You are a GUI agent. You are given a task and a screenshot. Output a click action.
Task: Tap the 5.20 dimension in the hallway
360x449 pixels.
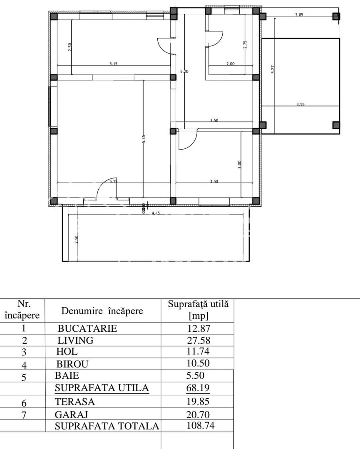184,72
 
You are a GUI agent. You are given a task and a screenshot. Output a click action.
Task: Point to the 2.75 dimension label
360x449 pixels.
245,45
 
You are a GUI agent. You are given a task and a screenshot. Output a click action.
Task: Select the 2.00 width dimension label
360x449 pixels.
230,64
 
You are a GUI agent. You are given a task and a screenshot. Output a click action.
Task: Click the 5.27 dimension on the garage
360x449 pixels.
273,69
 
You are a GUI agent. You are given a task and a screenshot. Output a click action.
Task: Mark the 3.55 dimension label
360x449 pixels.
300,104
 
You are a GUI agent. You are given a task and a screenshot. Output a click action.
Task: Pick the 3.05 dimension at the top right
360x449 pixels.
299,15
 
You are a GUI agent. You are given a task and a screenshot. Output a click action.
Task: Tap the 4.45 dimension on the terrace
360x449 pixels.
156,213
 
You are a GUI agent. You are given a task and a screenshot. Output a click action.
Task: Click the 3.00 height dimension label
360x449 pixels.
239,165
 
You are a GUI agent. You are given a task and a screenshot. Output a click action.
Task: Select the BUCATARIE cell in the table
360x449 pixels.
87,328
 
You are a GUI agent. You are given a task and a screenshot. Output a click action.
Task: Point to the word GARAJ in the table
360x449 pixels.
69,414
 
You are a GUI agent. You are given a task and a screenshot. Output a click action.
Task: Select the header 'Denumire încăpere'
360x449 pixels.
102,311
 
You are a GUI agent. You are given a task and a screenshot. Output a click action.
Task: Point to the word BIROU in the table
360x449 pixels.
72,364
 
